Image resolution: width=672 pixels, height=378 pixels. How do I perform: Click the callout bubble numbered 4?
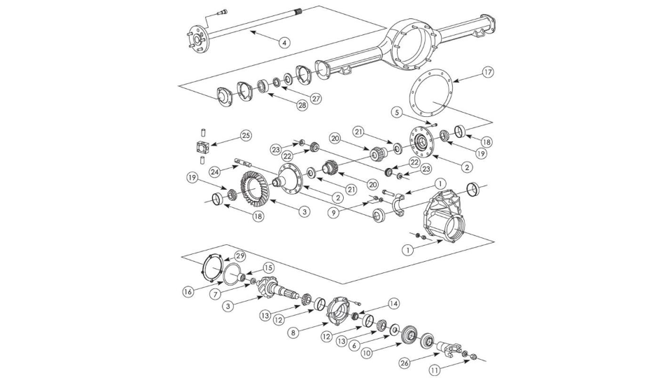coord(283,43)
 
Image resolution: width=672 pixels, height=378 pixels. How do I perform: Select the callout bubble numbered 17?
coord(487,73)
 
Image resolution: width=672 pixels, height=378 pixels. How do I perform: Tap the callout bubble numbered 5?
coord(395,112)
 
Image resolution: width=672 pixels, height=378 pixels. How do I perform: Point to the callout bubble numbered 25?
coord(245,134)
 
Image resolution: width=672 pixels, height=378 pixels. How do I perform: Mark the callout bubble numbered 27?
coord(316,99)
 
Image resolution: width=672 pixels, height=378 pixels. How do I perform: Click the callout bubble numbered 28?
coord(302,106)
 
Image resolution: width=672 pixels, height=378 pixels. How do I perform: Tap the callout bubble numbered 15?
coord(268,267)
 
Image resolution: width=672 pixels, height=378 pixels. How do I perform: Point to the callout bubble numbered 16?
coord(188,291)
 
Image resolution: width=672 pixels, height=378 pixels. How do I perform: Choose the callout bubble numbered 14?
coord(394,303)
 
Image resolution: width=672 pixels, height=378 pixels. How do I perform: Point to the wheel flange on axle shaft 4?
coord(196,39)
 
